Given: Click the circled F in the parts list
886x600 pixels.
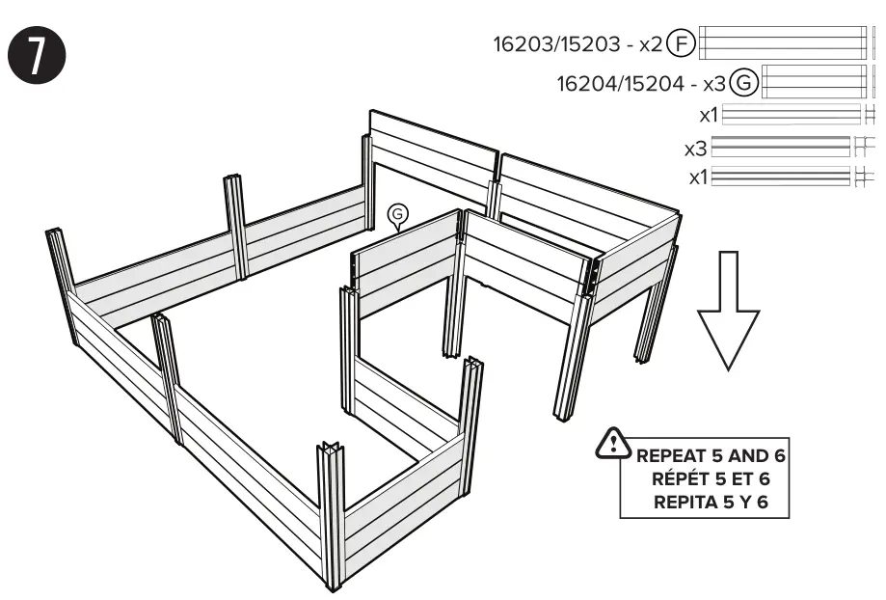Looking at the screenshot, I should tap(681, 43).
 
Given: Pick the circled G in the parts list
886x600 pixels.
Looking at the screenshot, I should tap(743, 83).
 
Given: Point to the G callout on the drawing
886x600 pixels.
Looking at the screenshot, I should tap(395, 214).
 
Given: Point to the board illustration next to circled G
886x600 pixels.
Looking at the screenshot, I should tap(811, 83).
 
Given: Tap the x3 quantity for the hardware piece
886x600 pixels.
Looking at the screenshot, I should tap(696, 149).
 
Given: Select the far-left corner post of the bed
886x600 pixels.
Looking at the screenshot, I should tap(63, 286).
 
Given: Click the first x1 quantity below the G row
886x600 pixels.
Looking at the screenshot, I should tap(710, 115).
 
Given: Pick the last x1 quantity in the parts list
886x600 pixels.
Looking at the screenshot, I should tap(701, 177).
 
